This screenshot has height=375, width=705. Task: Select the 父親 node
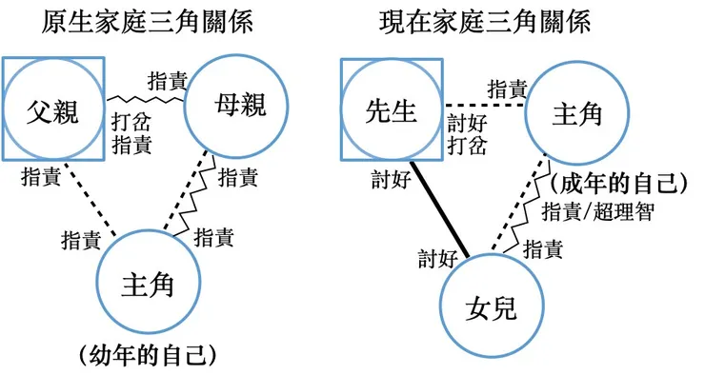click(53, 110)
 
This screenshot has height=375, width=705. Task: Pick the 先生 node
click(392, 110)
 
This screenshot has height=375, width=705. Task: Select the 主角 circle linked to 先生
click(576, 114)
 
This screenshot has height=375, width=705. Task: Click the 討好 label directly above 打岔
click(467, 122)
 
